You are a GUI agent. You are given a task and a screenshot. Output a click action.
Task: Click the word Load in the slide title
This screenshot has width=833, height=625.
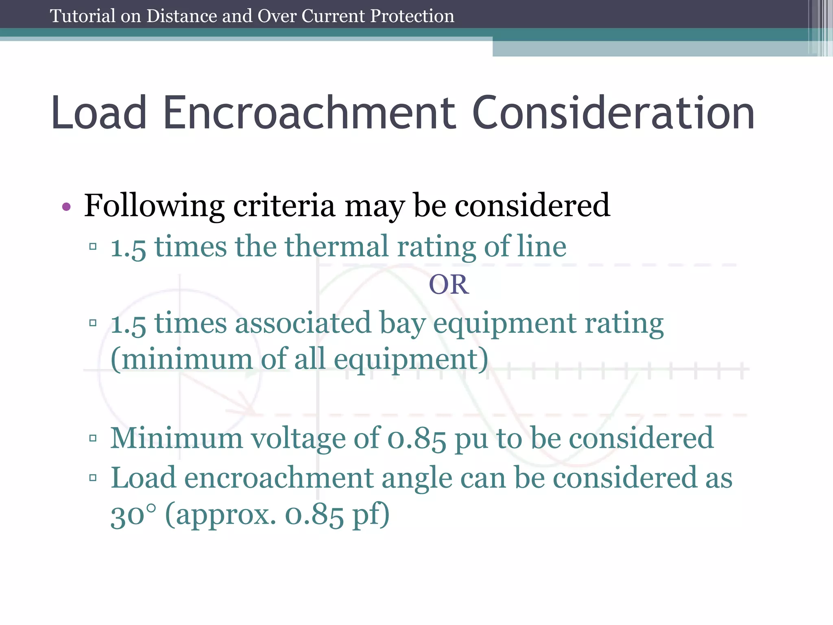coord(98,113)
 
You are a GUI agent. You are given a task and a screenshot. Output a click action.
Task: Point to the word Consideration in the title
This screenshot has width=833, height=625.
coord(613,113)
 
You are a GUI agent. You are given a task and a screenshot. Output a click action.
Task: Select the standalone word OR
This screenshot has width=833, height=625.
coord(449,284)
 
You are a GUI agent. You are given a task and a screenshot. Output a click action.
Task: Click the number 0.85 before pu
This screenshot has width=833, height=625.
coord(416,439)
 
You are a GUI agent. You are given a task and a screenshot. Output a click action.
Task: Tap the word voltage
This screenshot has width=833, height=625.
coord(297,439)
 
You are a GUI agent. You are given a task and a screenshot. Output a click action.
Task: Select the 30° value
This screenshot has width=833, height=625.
coord(133,516)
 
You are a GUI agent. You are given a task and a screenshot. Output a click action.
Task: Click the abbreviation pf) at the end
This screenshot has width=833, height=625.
coord(371,516)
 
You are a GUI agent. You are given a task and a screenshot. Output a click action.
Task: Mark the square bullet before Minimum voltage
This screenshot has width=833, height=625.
coord(93,438)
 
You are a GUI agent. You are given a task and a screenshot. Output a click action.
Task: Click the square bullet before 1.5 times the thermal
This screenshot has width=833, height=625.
coord(93,247)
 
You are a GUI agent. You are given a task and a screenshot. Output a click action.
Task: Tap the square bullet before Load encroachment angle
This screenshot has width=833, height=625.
coord(93,478)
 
